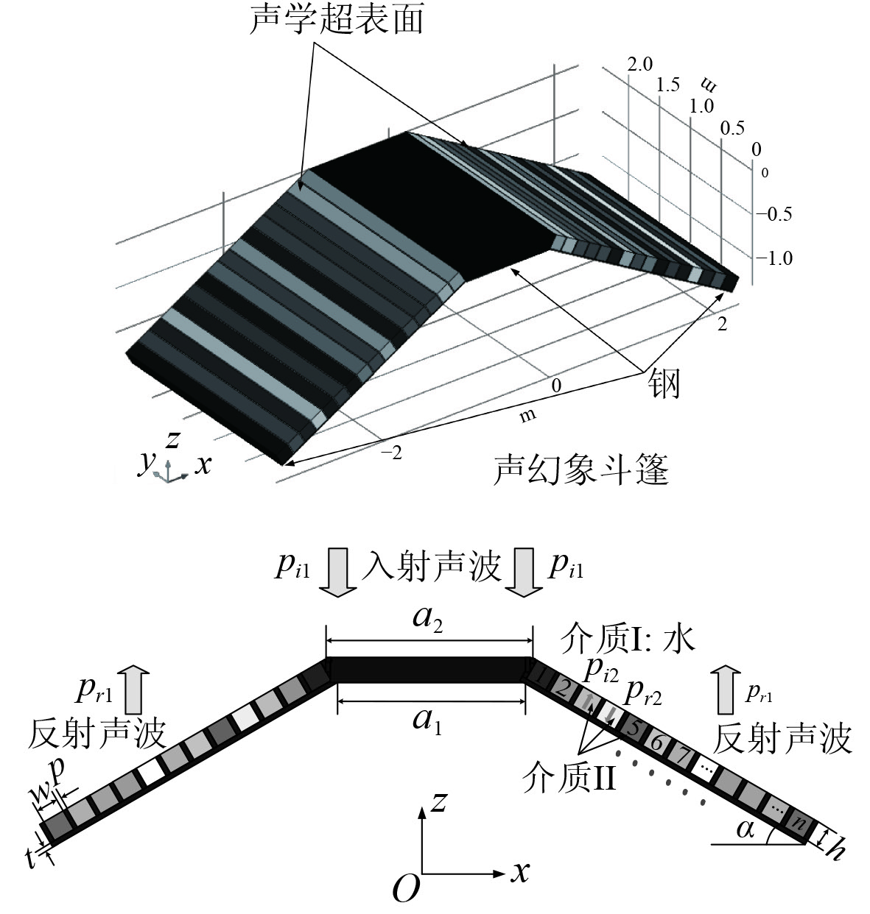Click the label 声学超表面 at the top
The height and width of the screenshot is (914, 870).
pyautogui.click(x=337, y=20)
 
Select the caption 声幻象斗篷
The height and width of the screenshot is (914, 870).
pyautogui.click(x=580, y=469)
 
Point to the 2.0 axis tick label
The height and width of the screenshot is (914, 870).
pyautogui.click(x=640, y=64)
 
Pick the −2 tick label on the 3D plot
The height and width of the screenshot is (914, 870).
pyautogui.click(x=391, y=453)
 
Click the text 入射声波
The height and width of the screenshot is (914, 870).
pyautogui.click(x=430, y=567)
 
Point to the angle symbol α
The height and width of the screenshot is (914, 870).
pyautogui.click(x=746, y=829)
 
